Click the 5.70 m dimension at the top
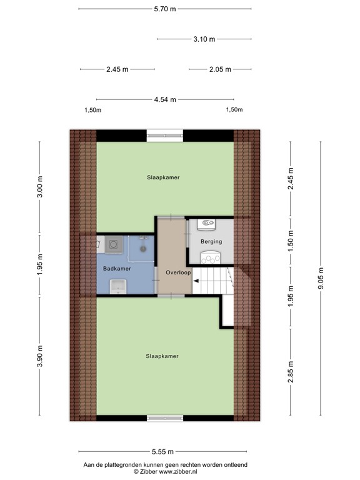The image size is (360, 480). pyautogui.click(x=166, y=9)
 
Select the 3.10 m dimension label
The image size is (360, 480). pyautogui.click(x=204, y=39)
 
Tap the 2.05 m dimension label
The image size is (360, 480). pyautogui.click(x=220, y=69)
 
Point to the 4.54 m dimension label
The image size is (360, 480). pyautogui.click(x=165, y=99)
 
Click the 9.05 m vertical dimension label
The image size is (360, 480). pyautogui.click(x=321, y=278)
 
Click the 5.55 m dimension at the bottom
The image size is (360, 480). pyautogui.click(x=162, y=451)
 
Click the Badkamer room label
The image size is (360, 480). pyautogui.click(x=117, y=269)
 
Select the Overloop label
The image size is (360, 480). pyautogui.click(x=178, y=273)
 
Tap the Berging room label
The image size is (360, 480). pyautogui.click(x=211, y=241)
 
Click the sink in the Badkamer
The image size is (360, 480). pyautogui.click(x=116, y=287)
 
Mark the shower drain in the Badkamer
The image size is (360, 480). pyautogui.click(x=143, y=247)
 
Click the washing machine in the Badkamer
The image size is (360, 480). pyautogui.click(x=114, y=244)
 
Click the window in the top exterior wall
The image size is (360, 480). pyautogui.click(x=166, y=134)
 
